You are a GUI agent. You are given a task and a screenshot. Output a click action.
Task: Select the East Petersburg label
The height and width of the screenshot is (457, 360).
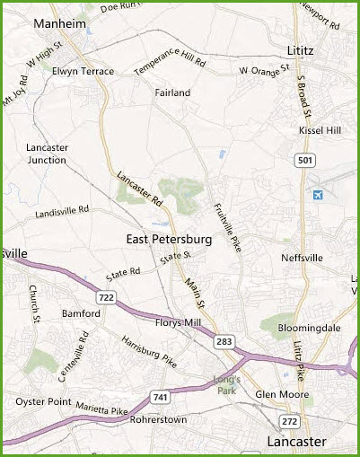tap(169, 240)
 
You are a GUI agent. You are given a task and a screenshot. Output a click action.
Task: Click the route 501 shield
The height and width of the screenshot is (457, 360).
tap(306, 159)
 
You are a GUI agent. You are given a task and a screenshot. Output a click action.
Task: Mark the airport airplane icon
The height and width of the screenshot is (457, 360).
tap(317, 195)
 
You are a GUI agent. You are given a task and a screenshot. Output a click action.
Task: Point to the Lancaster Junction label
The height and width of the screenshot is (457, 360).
tap(47, 154)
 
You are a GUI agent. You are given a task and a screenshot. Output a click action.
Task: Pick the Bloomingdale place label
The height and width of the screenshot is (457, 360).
tap(310, 329)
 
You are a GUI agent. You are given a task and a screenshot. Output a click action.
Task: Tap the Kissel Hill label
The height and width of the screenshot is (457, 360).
tap(320, 131)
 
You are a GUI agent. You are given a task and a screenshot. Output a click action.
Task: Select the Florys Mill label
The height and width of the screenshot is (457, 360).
tap(181, 322)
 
